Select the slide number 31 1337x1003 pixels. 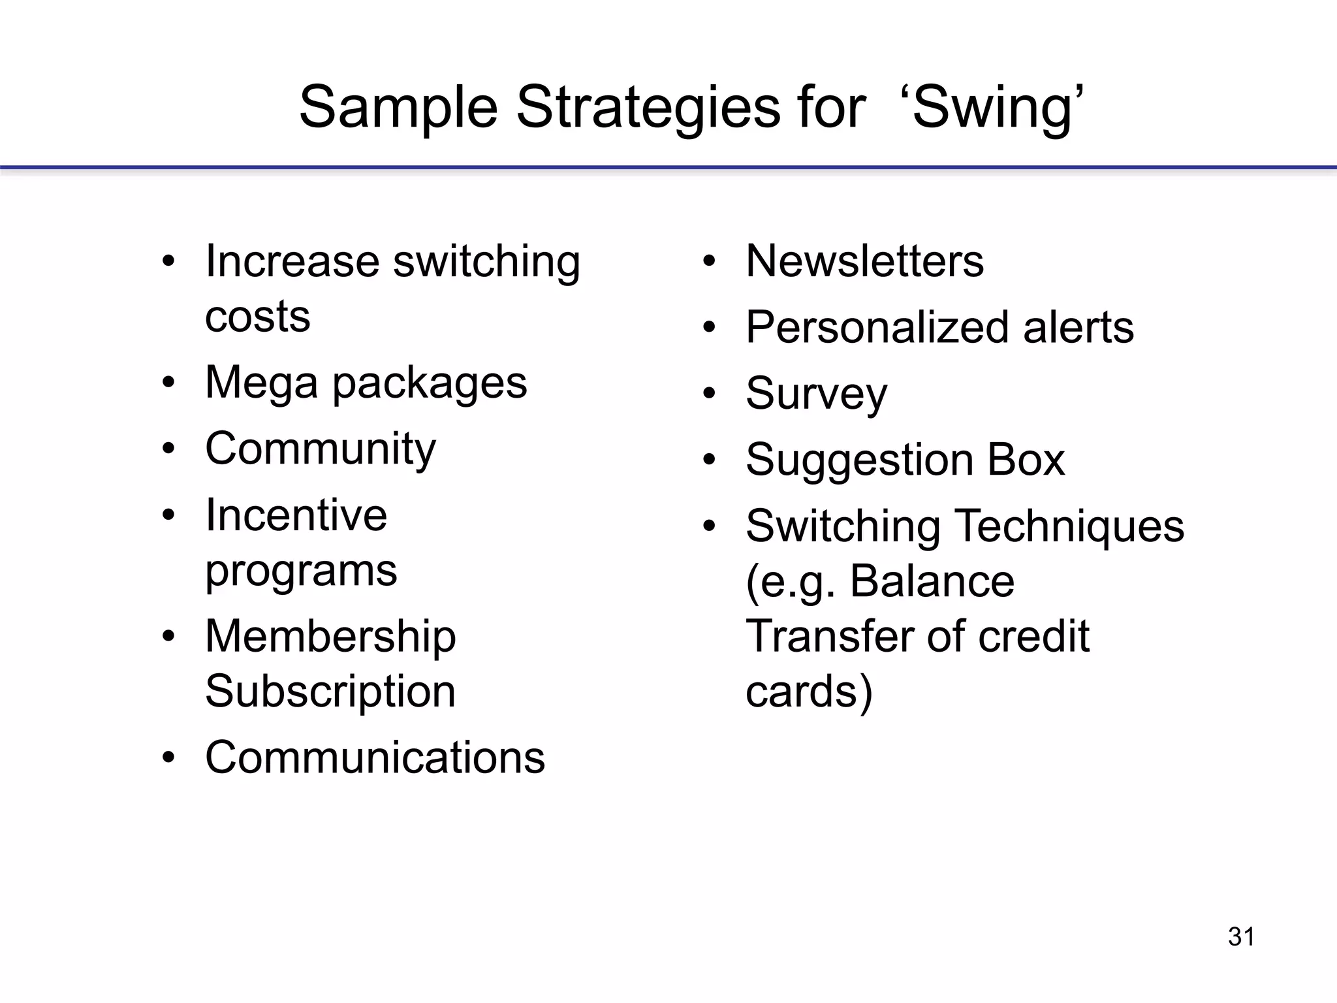click(x=1241, y=937)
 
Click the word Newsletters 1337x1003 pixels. click(x=864, y=261)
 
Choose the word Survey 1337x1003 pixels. click(x=816, y=394)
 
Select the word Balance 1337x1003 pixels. click(x=932, y=581)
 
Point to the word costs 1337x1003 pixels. click(x=257, y=317)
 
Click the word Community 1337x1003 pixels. click(x=320, y=449)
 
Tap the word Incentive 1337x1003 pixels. click(x=296, y=515)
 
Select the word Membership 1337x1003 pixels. click(x=330, y=637)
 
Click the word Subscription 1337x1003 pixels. click(x=330, y=692)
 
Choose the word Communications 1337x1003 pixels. click(x=375, y=757)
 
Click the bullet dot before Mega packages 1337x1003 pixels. click(x=169, y=382)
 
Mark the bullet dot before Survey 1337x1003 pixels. click(x=710, y=393)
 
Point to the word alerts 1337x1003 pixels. click(x=1078, y=327)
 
